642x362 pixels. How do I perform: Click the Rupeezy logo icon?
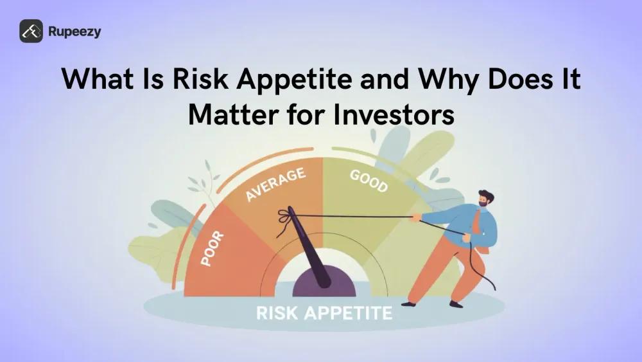tap(31, 31)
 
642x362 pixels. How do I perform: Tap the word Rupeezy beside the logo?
tap(74, 31)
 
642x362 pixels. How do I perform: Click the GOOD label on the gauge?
tap(369, 181)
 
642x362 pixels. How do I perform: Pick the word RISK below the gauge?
tap(279, 314)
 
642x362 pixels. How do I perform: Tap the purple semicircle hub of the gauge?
tap(324, 285)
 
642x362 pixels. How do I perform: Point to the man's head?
tap(486, 199)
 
